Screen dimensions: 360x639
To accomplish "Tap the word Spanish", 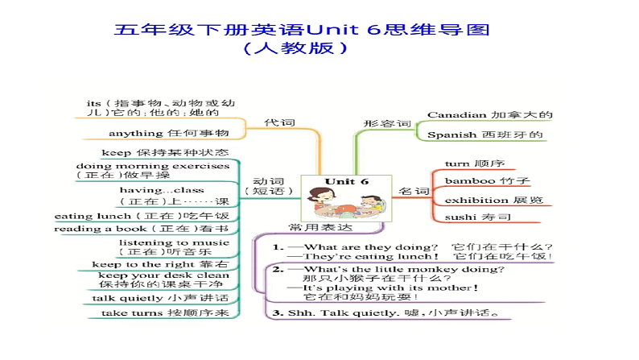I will (x=451, y=135).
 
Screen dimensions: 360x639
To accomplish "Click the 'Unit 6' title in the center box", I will (x=347, y=181).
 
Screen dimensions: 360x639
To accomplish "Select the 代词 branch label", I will (x=279, y=122).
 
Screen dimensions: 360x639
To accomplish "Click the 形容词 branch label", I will (x=387, y=124).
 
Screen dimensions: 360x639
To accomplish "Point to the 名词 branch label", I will (x=414, y=192).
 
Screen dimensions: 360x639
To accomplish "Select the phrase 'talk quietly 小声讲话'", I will (x=159, y=297).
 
